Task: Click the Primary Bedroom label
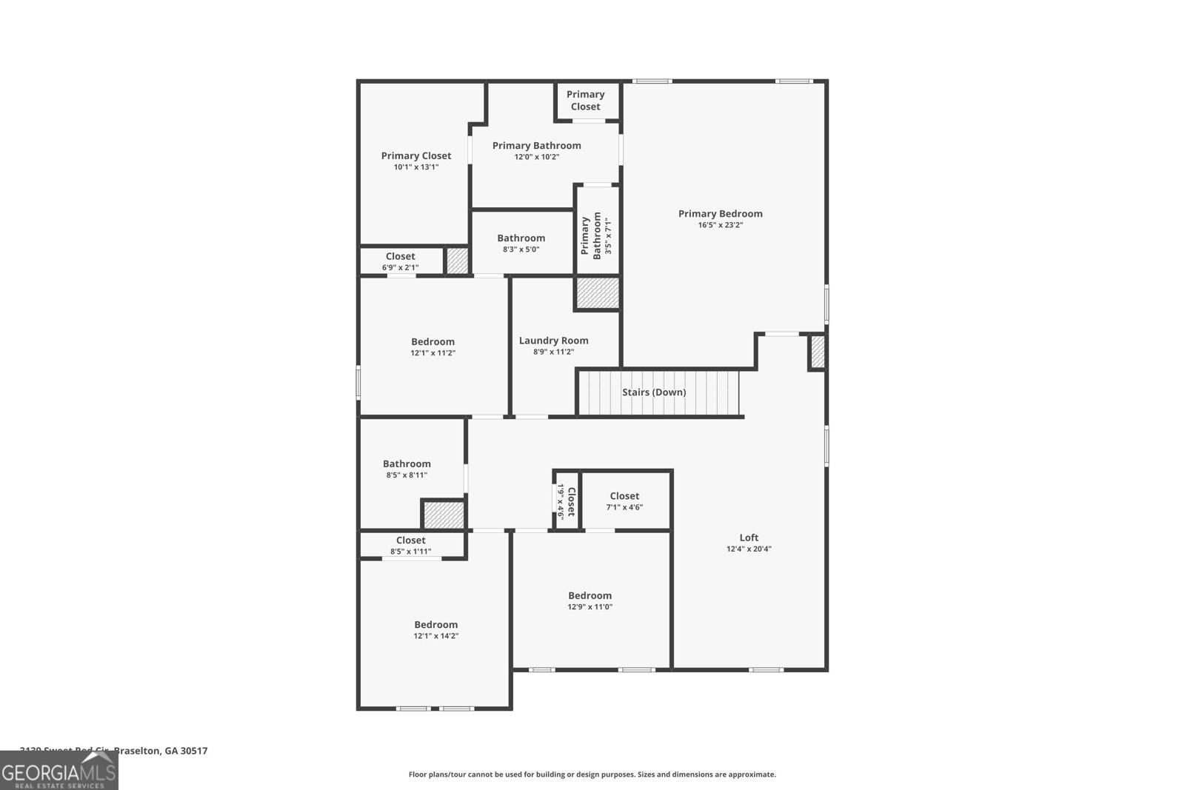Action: point(720,214)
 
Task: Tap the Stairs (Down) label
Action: point(653,392)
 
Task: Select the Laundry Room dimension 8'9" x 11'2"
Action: point(553,352)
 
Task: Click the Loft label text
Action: point(749,538)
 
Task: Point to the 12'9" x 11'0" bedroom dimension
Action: point(590,607)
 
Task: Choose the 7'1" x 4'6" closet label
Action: point(624,502)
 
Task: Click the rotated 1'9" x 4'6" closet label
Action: point(566,502)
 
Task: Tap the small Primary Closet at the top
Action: point(585,101)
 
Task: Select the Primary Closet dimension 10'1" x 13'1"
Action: point(415,167)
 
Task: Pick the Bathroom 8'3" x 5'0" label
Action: point(521,244)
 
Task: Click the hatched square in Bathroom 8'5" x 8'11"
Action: point(444,515)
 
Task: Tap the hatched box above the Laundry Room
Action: point(597,293)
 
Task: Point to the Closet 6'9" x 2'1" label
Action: point(400,261)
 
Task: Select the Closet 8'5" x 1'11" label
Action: point(410,546)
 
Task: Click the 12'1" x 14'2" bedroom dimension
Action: point(435,636)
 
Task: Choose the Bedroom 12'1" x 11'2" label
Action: point(433,347)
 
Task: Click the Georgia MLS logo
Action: point(59,770)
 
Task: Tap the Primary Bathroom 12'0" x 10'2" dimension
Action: point(536,157)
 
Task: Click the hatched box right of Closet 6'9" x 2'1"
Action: point(457,261)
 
